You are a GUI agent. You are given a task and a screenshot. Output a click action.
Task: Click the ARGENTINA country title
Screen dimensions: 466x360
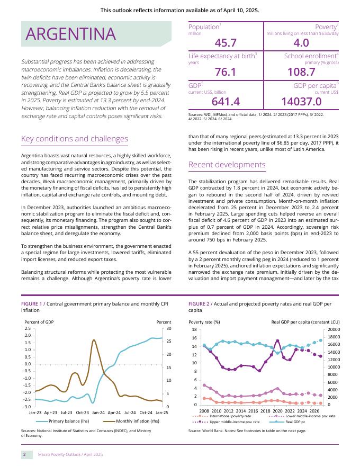tap(71, 34)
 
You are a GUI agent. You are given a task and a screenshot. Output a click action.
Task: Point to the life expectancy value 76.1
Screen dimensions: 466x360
tap(226, 72)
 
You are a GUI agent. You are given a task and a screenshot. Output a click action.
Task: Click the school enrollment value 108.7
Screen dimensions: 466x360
tap(301, 72)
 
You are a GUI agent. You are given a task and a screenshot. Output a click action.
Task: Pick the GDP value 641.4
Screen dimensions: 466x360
tap(226, 101)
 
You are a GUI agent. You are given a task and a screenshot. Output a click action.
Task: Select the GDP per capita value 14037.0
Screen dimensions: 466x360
tap(301, 101)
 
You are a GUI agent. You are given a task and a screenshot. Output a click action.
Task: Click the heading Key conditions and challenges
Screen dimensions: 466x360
tap(74, 139)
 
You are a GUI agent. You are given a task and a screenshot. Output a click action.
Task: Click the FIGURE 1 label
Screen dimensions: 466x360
tap(31, 303)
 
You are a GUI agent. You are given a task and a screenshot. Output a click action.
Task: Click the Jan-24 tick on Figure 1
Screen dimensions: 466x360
tap(98, 411)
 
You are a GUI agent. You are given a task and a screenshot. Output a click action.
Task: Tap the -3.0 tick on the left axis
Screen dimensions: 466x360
tap(27, 406)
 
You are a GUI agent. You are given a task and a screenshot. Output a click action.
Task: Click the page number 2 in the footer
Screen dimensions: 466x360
tap(24, 454)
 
